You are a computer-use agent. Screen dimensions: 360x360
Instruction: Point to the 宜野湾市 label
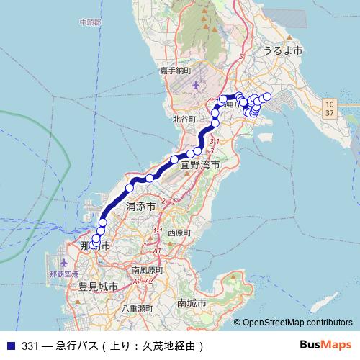[200, 165]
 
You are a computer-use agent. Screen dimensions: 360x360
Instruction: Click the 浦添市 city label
[140, 206]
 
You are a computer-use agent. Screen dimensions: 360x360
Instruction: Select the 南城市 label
[192, 303]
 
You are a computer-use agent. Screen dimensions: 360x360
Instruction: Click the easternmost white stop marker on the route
[267, 96]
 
